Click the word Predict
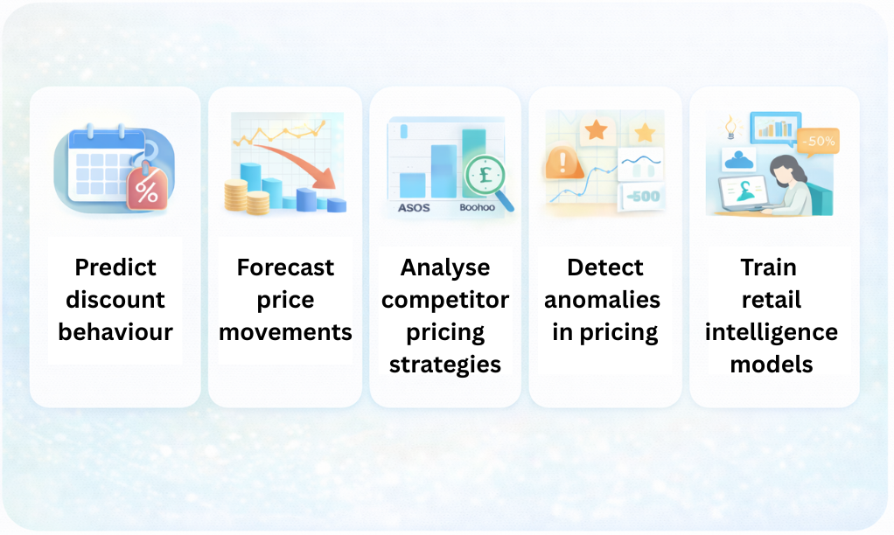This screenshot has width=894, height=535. (115, 267)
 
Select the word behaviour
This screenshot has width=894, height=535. (115, 332)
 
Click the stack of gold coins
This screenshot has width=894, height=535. (247, 197)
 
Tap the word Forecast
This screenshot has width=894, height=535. (285, 267)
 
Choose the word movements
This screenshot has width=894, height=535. (285, 332)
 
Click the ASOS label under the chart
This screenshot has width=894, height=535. (414, 208)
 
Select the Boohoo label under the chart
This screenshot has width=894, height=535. (478, 207)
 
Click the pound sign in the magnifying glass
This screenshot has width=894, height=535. (485, 174)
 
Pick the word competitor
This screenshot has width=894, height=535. (445, 300)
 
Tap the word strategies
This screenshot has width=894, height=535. (445, 365)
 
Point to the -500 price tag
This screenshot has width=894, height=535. (641, 197)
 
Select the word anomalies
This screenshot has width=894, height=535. (602, 300)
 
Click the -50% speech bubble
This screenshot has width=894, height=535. (818, 142)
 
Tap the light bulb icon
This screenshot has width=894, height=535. (730, 127)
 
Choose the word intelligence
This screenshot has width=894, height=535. (772, 332)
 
